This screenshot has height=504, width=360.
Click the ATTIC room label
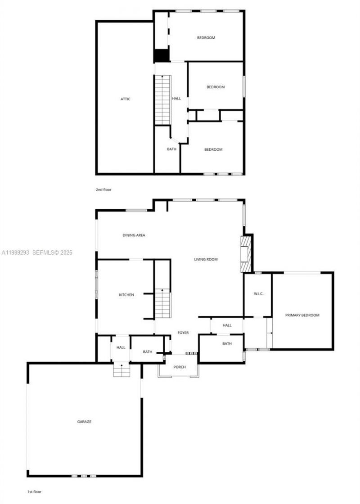[x=126, y=99]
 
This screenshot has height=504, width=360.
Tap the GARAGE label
[x=84, y=422]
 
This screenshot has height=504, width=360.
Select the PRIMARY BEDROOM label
[x=302, y=315]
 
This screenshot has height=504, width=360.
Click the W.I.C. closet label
[x=258, y=294]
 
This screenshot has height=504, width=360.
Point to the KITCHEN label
[x=126, y=295]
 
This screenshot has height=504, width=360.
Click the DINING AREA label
[x=134, y=235]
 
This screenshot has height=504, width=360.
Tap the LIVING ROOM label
[x=206, y=260]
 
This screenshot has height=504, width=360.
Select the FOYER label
[x=183, y=333]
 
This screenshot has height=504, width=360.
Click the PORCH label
[x=180, y=367]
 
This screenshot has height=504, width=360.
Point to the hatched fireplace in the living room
[x=245, y=254]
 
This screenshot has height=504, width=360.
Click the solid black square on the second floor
[x=161, y=55]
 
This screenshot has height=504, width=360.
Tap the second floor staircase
[x=162, y=100]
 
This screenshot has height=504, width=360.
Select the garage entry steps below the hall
[x=121, y=370]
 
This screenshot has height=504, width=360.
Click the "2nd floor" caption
[x=103, y=190]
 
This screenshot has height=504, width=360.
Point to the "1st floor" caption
[x=34, y=492]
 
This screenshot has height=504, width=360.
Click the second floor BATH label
[x=172, y=149]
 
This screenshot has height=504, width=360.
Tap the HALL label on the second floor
[x=176, y=99]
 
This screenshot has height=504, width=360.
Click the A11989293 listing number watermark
[x=15, y=252]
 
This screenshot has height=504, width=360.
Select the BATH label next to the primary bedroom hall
[x=227, y=344]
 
